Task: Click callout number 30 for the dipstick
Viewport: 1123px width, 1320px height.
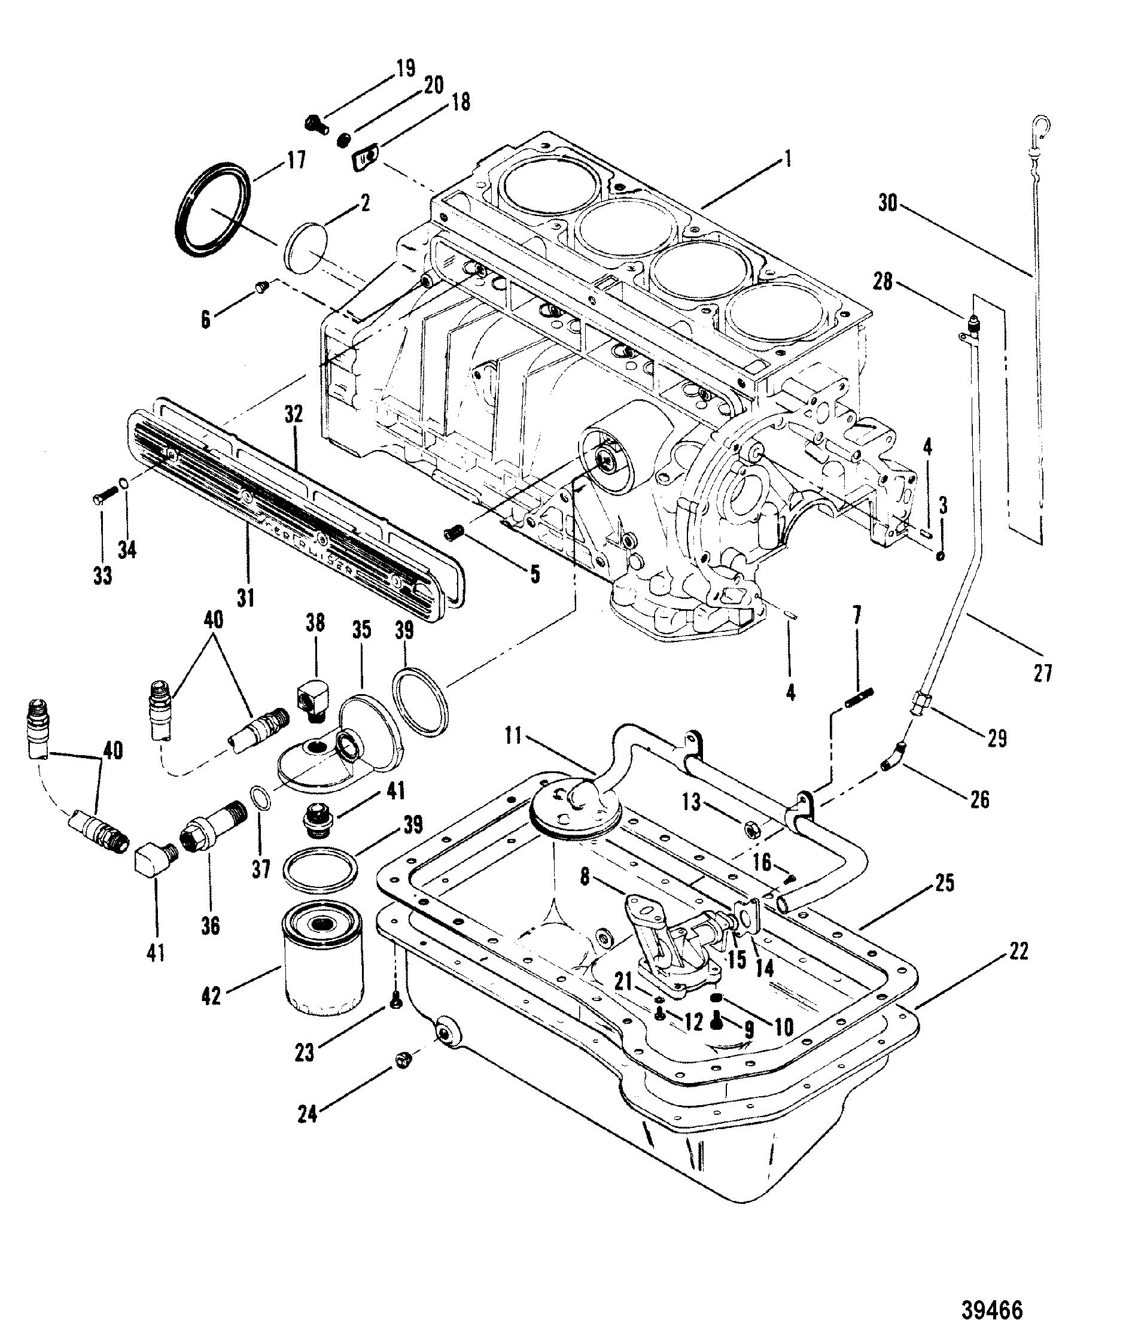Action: (888, 204)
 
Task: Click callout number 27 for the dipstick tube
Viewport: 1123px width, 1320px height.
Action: (1042, 673)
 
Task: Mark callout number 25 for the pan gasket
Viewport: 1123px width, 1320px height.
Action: (945, 884)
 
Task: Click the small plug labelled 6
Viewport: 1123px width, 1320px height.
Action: (260, 290)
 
